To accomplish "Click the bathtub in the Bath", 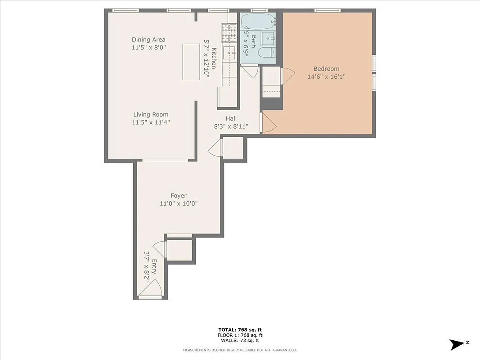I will click(257, 20).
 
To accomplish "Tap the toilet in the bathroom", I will click(266, 53).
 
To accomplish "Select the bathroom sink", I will click(269, 38).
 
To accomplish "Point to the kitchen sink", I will click(231, 53).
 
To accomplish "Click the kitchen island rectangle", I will click(191, 62).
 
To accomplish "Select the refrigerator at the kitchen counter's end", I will click(228, 96).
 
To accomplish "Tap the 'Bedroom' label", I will click(326, 69).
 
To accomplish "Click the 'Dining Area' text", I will click(148, 40).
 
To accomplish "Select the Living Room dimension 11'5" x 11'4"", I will click(151, 122).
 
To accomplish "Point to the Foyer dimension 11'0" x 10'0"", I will click(179, 203).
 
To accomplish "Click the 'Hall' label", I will click(231, 118).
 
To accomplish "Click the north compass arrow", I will click(457, 344).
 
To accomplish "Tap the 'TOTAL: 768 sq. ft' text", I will click(240, 330).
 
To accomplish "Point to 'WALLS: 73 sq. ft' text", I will click(240, 341).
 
